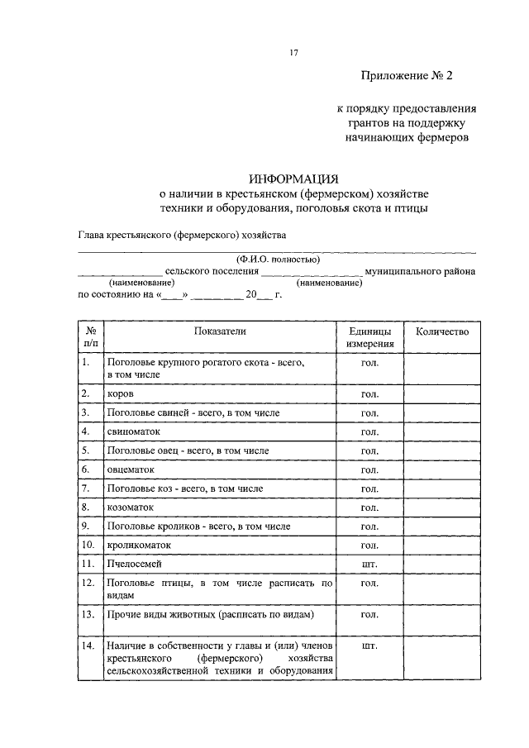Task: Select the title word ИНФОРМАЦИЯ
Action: pyautogui.click(x=294, y=179)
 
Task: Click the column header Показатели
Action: pyautogui.click(x=220, y=331)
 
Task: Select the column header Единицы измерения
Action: pyautogui.click(x=369, y=337)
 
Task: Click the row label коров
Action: pyautogui.click(x=119, y=393)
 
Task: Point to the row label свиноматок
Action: pyautogui.click(x=133, y=431)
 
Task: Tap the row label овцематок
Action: pyautogui.click(x=131, y=469)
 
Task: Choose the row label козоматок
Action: pyautogui.click(x=130, y=507)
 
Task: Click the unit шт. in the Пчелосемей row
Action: pyautogui.click(x=369, y=565)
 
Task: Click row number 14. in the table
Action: pyautogui.click(x=88, y=646)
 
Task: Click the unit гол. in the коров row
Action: pyautogui.click(x=369, y=393)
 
